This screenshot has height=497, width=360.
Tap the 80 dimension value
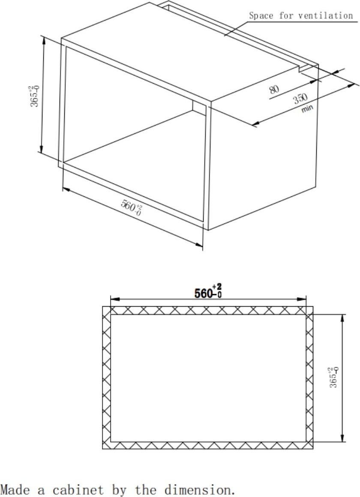coord(274,89)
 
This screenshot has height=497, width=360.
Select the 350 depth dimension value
coord(300,99)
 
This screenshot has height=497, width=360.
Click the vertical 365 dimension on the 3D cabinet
coord(34,96)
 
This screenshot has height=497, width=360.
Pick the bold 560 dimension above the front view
coord(208,292)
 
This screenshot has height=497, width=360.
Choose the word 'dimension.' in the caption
coord(200,490)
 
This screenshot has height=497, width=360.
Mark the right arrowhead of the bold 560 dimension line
coord(302,299)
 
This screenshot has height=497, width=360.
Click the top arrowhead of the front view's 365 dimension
coord(342,319)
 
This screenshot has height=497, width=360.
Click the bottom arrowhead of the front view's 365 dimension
coord(342,437)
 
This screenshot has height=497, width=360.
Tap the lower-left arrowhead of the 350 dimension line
coord(257,123)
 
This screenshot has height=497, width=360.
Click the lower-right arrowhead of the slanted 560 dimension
coord(199,244)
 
